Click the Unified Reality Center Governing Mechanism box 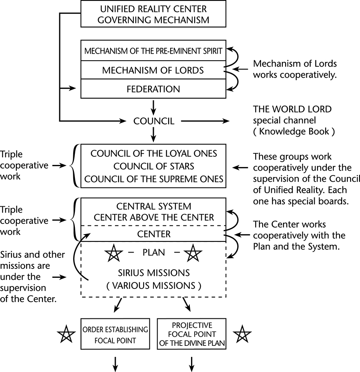(x=153, y=14)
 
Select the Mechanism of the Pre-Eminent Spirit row (x=153, y=51)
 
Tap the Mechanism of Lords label (x=153, y=70)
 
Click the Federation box (x=153, y=89)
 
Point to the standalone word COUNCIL (x=154, y=121)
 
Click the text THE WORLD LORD (x=292, y=110)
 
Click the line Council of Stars (x=154, y=166)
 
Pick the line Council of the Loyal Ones (x=154, y=154)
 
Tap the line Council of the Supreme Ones (x=154, y=179)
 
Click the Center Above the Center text (x=154, y=217)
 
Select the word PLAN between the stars (x=154, y=253)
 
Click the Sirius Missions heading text (x=154, y=273)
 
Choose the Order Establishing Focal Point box (x=115, y=334)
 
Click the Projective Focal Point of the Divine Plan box (x=191, y=334)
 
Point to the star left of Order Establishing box (x=66, y=334)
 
